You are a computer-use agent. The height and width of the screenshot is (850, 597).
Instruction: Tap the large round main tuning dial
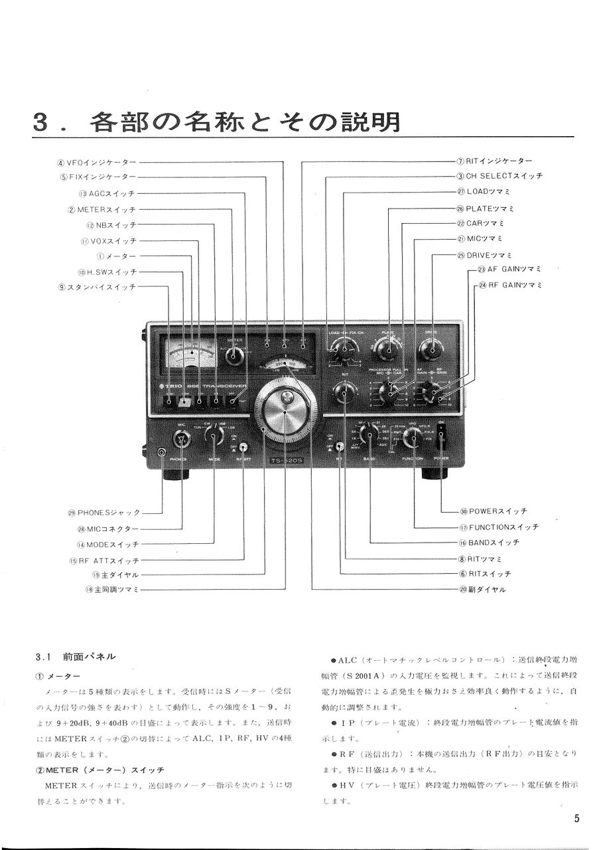click(x=285, y=412)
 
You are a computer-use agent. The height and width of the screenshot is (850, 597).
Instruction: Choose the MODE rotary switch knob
click(x=214, y=436)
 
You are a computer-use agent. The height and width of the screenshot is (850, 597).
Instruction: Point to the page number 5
click(x=576, y=818)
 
